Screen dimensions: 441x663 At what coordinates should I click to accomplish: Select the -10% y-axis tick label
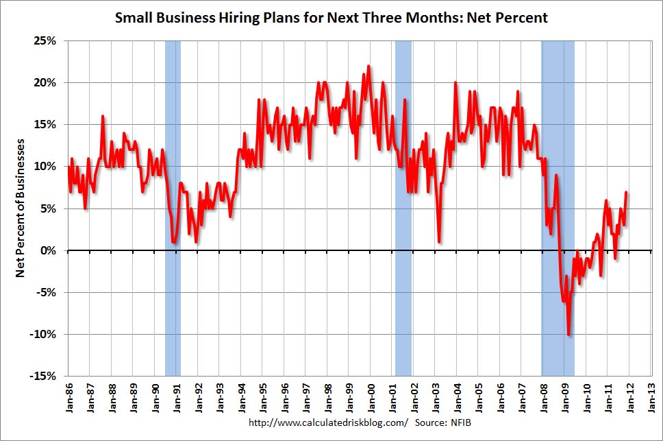(x=44, y=335)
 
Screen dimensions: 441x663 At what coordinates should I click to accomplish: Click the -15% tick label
(x=44, y=377)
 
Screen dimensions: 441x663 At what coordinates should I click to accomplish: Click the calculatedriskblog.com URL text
(x=328, y=423)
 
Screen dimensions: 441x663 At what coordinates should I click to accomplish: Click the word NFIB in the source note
(x=461, y=423)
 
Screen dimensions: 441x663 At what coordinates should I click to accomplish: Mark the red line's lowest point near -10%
(x=568, y=335)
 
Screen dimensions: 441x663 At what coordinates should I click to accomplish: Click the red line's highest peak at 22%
(x=368, y=67)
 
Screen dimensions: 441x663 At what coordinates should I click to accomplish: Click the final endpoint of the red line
(x=627, y=192)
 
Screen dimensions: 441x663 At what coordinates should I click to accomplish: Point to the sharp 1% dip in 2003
(x=439, y=242)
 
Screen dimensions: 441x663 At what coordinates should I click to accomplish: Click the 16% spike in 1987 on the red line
(x=103, y=117)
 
